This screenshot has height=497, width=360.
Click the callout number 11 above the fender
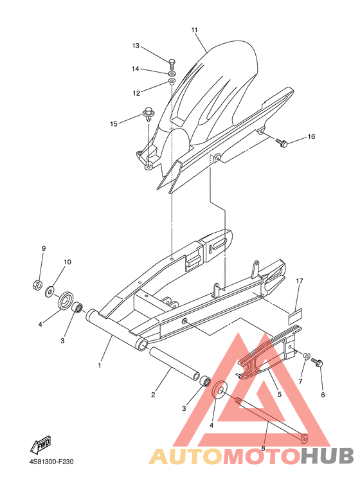click(195, 30)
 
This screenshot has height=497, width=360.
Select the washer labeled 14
click(172, 74)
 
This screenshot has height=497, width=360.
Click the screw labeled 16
click(282, 143)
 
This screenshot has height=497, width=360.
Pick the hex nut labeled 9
click(37, 285)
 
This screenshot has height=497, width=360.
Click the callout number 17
click(300, 281)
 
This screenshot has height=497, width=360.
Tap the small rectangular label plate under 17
click(295, 317)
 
